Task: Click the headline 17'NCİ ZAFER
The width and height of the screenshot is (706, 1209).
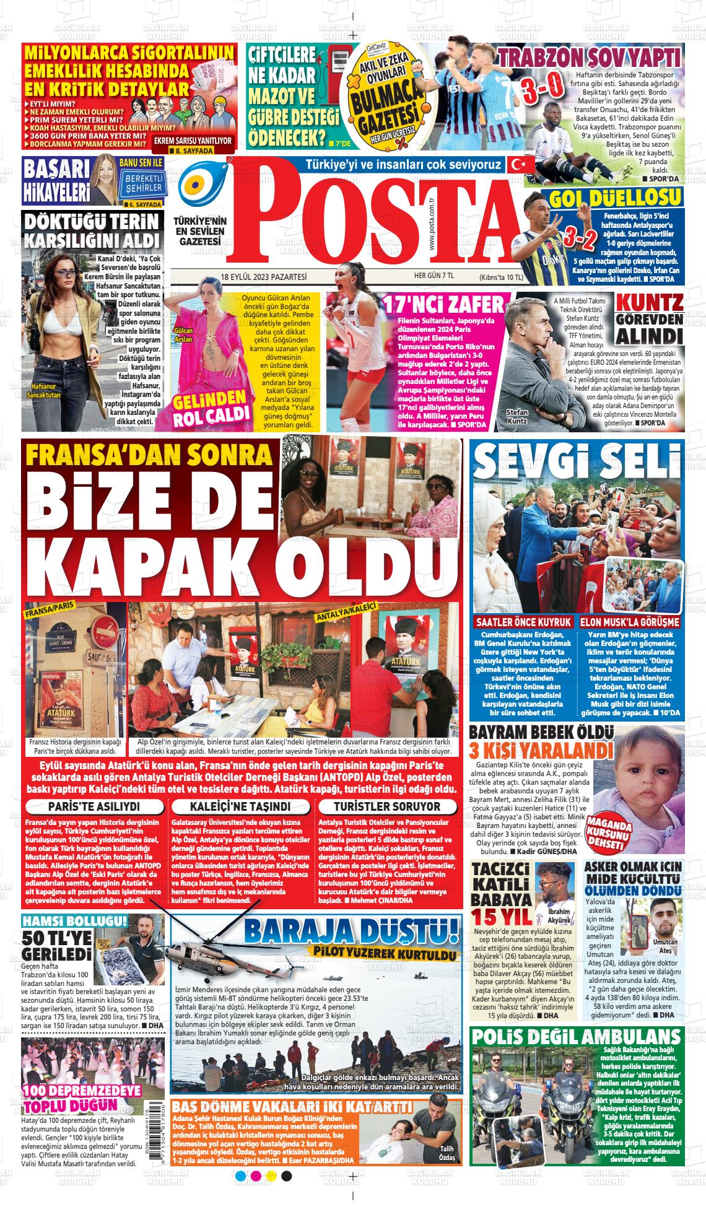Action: point(444,305)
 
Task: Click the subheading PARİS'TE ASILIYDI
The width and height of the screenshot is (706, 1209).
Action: point(94,806)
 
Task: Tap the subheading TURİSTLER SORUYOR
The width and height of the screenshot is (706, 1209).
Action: point(387,806)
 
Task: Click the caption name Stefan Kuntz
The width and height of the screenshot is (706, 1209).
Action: point(517,416)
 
